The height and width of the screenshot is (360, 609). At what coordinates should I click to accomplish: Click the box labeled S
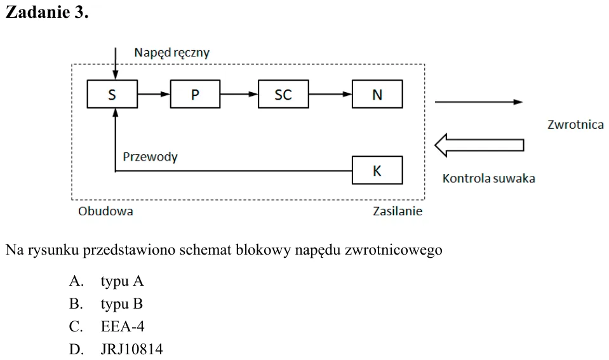click(112, 94)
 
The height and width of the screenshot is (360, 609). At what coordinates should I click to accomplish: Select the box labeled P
click(196, 94)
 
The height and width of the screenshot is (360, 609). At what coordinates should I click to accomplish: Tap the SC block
click(283, 94)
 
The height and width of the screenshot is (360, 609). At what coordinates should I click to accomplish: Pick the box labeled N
click(377, 94)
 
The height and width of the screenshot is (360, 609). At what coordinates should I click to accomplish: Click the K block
click(377, 170)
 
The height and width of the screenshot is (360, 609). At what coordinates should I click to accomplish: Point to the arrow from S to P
click(154, 94)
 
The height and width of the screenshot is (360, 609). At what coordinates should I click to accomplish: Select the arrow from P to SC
click(239, 94)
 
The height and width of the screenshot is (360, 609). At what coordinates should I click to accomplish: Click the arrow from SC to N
click(330, 94)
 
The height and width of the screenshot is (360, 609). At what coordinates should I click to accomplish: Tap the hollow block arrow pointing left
click(479, 145)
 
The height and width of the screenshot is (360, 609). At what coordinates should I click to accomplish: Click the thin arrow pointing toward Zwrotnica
click(479, 102)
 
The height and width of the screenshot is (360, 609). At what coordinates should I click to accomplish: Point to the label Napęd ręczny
click(171, 53)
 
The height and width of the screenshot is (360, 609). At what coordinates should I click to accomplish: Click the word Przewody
click(150, 157)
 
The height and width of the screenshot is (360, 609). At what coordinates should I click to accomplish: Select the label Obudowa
click(105, 211)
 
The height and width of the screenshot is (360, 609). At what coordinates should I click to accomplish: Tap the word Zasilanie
click(398, 211)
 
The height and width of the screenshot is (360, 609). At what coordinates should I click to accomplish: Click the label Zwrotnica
click(575, 124)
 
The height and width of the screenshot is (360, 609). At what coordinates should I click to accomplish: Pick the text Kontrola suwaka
click(488, 178)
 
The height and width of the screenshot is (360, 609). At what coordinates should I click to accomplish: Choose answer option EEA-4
click(123, 326)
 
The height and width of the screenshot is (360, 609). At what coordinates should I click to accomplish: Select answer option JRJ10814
click(131, 349)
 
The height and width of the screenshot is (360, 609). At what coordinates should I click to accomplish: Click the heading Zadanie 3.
click(47, 12)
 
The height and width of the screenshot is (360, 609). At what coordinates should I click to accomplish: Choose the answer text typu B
click(121, 303)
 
